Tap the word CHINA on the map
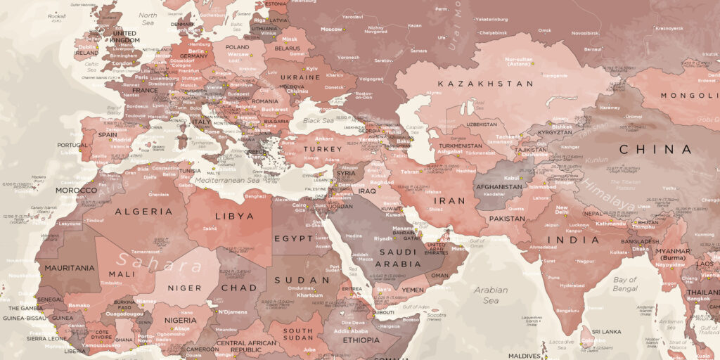655,149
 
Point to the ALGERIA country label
143,212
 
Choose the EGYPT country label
293,238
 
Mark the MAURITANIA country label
70,268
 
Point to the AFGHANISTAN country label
499,187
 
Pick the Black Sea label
319,120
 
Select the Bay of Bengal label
624,284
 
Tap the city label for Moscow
331,30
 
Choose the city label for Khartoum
310,295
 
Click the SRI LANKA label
605,330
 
